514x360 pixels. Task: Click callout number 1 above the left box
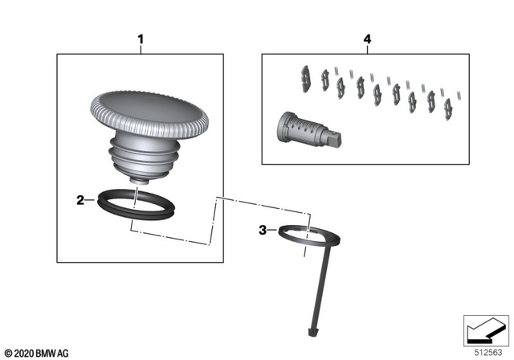pyautogui.click(x=141, y=39)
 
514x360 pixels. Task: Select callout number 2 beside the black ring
pyautogui.click(x=80, y=201)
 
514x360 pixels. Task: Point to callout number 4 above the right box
pyautogui.click(x=367, y=39)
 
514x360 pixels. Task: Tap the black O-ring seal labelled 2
pyautogui.click(x=133, y=213)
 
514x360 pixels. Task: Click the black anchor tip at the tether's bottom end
pyautogui.click(x=312, y=329)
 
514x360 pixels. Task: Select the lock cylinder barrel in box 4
pyautogui.click(x=301, y=129)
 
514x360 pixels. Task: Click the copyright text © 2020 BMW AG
pyautogui.click(x=36, y=351)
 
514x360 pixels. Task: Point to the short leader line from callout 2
pyautogui.click(x=92, y=201)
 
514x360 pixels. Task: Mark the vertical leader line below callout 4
pyautogui.click(x=367, y=49)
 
